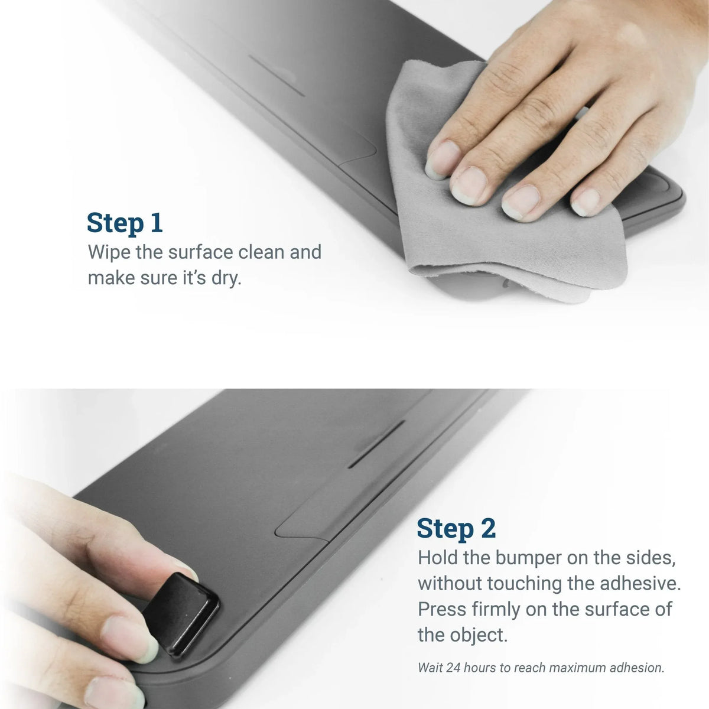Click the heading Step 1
(x=124, y=223)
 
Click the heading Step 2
(x=456, y=528)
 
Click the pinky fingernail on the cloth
(x=586, y=202)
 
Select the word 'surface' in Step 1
(x=201, y=252)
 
